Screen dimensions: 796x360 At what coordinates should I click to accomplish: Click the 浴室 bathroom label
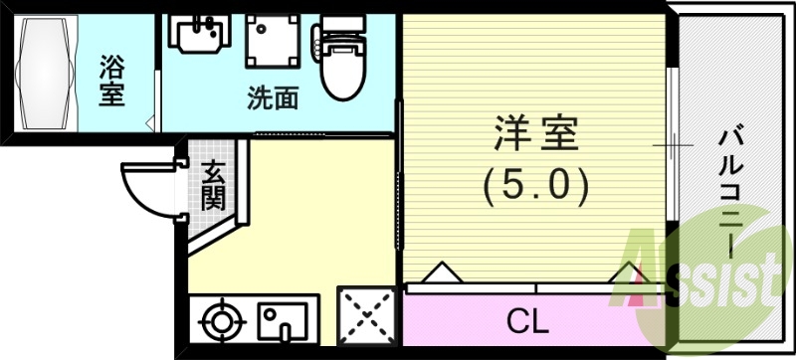pos(111,85)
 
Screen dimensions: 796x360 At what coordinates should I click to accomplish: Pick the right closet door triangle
pos(628,272)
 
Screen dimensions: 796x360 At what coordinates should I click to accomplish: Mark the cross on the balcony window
pos(674,146)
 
